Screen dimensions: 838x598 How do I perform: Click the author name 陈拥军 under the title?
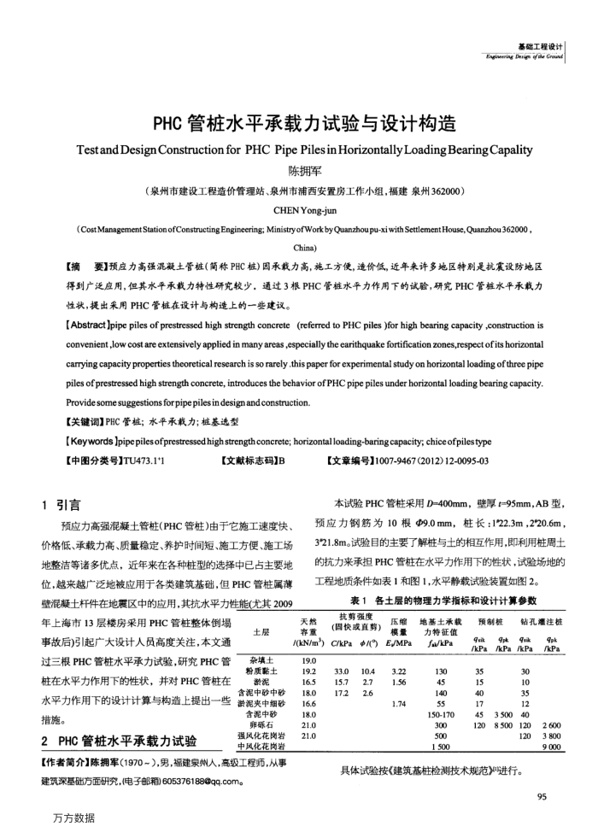tap(299, 170)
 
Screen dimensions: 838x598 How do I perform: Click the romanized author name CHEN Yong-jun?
tap(299, 208)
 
